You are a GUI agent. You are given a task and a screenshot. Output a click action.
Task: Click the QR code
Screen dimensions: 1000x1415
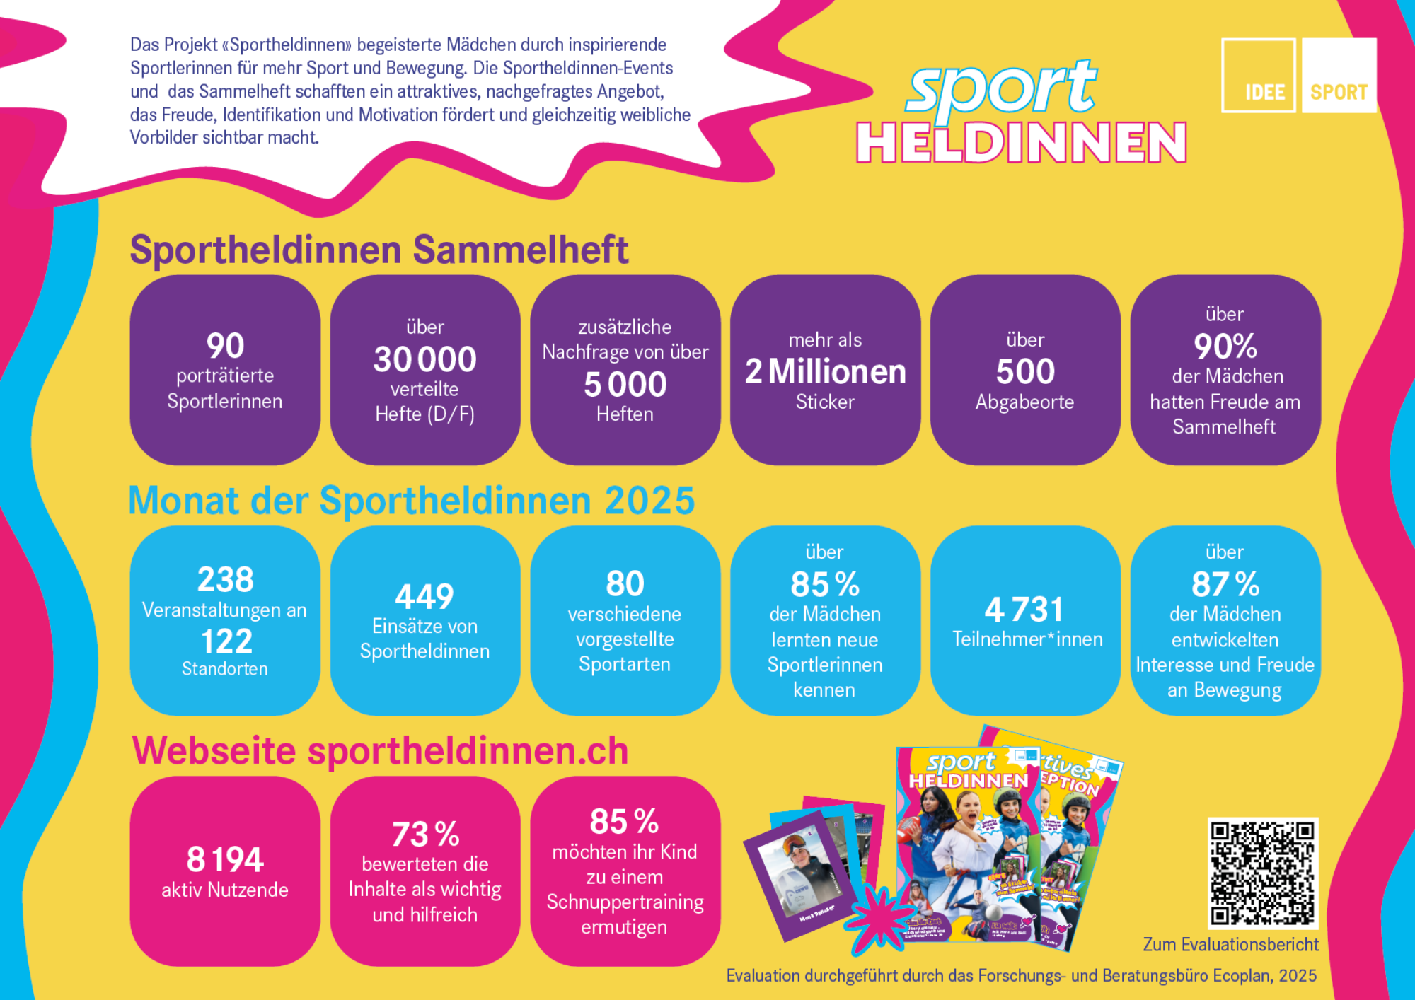(x=1263, y=873)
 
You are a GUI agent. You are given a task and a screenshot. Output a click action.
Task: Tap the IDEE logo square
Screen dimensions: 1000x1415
(x=1258, y=75)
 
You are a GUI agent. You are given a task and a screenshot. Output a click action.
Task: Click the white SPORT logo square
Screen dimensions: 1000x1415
(x=1339, y=75)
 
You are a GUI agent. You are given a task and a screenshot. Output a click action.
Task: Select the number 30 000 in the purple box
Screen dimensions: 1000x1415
(x=424, y=359)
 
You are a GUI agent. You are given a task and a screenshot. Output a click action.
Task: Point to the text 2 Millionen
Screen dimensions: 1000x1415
(x=825, y=372)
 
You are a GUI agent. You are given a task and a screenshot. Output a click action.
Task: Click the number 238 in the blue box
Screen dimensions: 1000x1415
(x=225, y=580)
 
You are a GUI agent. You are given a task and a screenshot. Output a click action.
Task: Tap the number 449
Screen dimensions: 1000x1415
(x=424, y=597)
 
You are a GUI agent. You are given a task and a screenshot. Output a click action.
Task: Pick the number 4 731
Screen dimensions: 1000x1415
(x=1024, y=610)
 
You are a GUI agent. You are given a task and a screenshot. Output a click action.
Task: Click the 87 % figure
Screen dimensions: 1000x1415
(x=1225, y=585)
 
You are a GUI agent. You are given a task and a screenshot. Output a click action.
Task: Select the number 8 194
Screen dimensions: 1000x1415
(x=225, y=860)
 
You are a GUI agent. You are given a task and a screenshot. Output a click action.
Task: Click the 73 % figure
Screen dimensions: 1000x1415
(x=425, y=835)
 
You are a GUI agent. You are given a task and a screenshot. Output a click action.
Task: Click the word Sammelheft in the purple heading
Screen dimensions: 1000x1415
(x=521, y=250)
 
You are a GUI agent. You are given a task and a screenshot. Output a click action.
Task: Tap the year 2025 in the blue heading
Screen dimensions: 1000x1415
(x=649, y=501)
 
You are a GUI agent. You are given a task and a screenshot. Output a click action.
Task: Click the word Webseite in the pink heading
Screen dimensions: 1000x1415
(x=214, y=751)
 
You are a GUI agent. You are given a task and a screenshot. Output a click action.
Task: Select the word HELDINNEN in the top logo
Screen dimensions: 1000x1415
(x=1021, y=143)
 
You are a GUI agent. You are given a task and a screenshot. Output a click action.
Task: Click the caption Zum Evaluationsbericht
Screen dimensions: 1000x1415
(x=1230, y=945)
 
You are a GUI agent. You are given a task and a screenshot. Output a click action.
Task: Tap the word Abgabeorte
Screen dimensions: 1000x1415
(x=1024, y=402)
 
